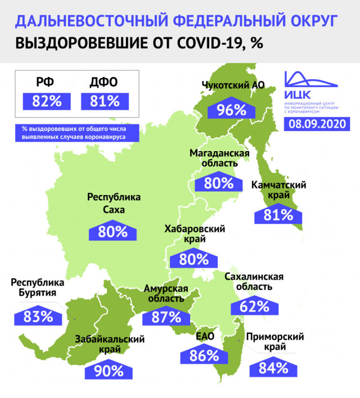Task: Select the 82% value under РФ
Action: tap(46, 102)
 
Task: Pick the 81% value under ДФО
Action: tap(105, 102)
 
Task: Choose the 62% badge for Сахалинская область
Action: tap(250, 306)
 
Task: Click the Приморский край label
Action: tap(275, 342)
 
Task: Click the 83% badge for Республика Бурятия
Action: tap(39, 316)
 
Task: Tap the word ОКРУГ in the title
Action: tap(304, 21)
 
